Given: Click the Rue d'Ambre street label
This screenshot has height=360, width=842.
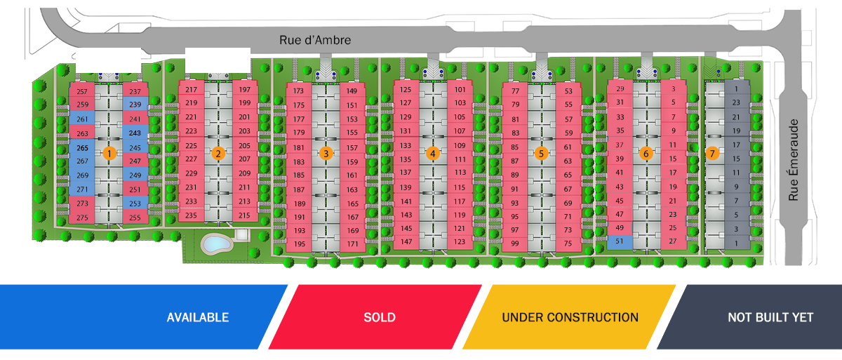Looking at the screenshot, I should (x=315, y=40).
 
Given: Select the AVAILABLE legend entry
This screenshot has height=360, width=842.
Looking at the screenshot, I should (x=197, y=317).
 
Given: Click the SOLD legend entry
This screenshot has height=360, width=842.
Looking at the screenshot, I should (x=379, y=317).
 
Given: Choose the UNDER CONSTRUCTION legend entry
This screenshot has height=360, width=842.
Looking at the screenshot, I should (x=570, y=317).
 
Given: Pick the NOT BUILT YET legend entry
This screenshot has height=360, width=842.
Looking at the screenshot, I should (x=770, y=317).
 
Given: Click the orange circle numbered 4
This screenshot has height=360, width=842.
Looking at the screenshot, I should (x=433, y=153).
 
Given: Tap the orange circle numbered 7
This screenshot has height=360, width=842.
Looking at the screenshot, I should (x=712, y=153).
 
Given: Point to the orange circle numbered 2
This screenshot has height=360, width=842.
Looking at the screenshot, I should (x=218, y=153).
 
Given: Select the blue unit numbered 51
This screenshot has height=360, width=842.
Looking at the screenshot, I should (x=620, y=241).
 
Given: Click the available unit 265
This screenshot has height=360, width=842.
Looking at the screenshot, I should (x=82, y=148).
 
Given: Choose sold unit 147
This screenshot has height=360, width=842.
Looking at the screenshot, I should (x=406, y=241).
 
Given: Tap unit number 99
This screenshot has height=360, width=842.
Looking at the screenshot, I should (x=515, y=243).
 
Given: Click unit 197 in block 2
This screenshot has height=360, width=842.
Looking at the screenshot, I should (x=244, y=90).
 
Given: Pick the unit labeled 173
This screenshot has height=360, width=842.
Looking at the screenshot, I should (x=299, y=91).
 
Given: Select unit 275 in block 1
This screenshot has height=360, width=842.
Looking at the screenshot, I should (x=82, y=218).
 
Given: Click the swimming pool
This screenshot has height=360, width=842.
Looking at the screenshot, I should (x=216, y=244).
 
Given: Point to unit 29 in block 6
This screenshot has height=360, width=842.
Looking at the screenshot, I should (x=620, y=89).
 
